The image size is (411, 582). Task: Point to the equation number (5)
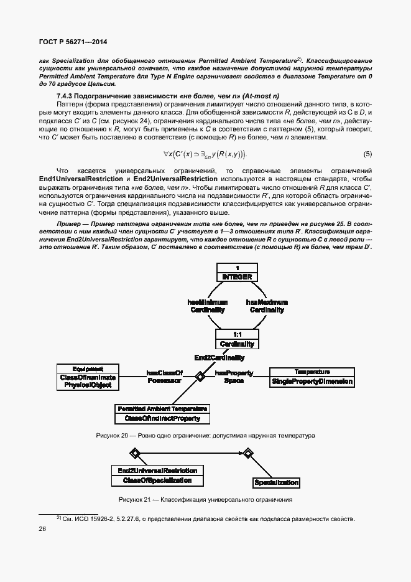pos(367,154)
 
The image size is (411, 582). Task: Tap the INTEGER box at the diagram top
pos(237,272)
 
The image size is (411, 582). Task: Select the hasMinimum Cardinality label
pos(207,306)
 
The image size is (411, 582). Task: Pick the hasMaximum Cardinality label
pos(267,306)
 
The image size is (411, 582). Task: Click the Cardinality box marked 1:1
pos(237,339)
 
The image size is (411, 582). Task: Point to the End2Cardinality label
pos(219,358)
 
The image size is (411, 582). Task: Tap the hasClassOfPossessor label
pos(164,377)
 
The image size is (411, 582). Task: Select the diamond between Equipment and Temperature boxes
pos(200,376)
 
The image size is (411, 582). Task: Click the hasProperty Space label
pos(234,377)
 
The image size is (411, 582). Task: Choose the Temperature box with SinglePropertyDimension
pos(312,377)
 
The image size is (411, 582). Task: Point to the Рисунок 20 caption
pos(205,435)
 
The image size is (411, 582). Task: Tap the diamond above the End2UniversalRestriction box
pos(133,453)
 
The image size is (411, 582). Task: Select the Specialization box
pos(277,482)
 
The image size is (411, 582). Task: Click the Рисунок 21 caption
pos(205,500)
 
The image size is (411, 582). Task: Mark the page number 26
pos(43,528)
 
